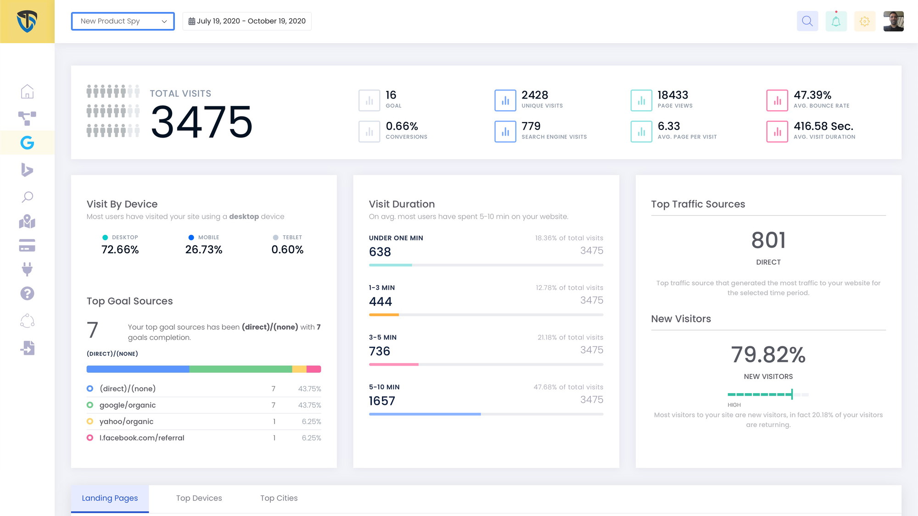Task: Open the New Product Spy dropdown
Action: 123,21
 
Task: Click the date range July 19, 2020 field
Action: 247,21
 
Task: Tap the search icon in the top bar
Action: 807,21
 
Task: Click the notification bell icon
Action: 836,21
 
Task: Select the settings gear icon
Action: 865,21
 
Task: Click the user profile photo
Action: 893,21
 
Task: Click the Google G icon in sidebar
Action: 27,143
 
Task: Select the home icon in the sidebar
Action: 27,91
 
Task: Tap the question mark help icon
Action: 27,294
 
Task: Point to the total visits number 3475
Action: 202,122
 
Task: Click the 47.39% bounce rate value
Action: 812,95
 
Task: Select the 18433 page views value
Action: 672,95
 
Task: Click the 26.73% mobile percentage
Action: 203,250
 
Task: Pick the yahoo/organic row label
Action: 126,422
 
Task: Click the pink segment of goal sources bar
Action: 313,369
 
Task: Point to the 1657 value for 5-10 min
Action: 382,401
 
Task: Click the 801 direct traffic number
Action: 768,240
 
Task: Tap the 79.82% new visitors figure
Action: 768,355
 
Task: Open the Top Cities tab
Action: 279,498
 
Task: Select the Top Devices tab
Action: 199,498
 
